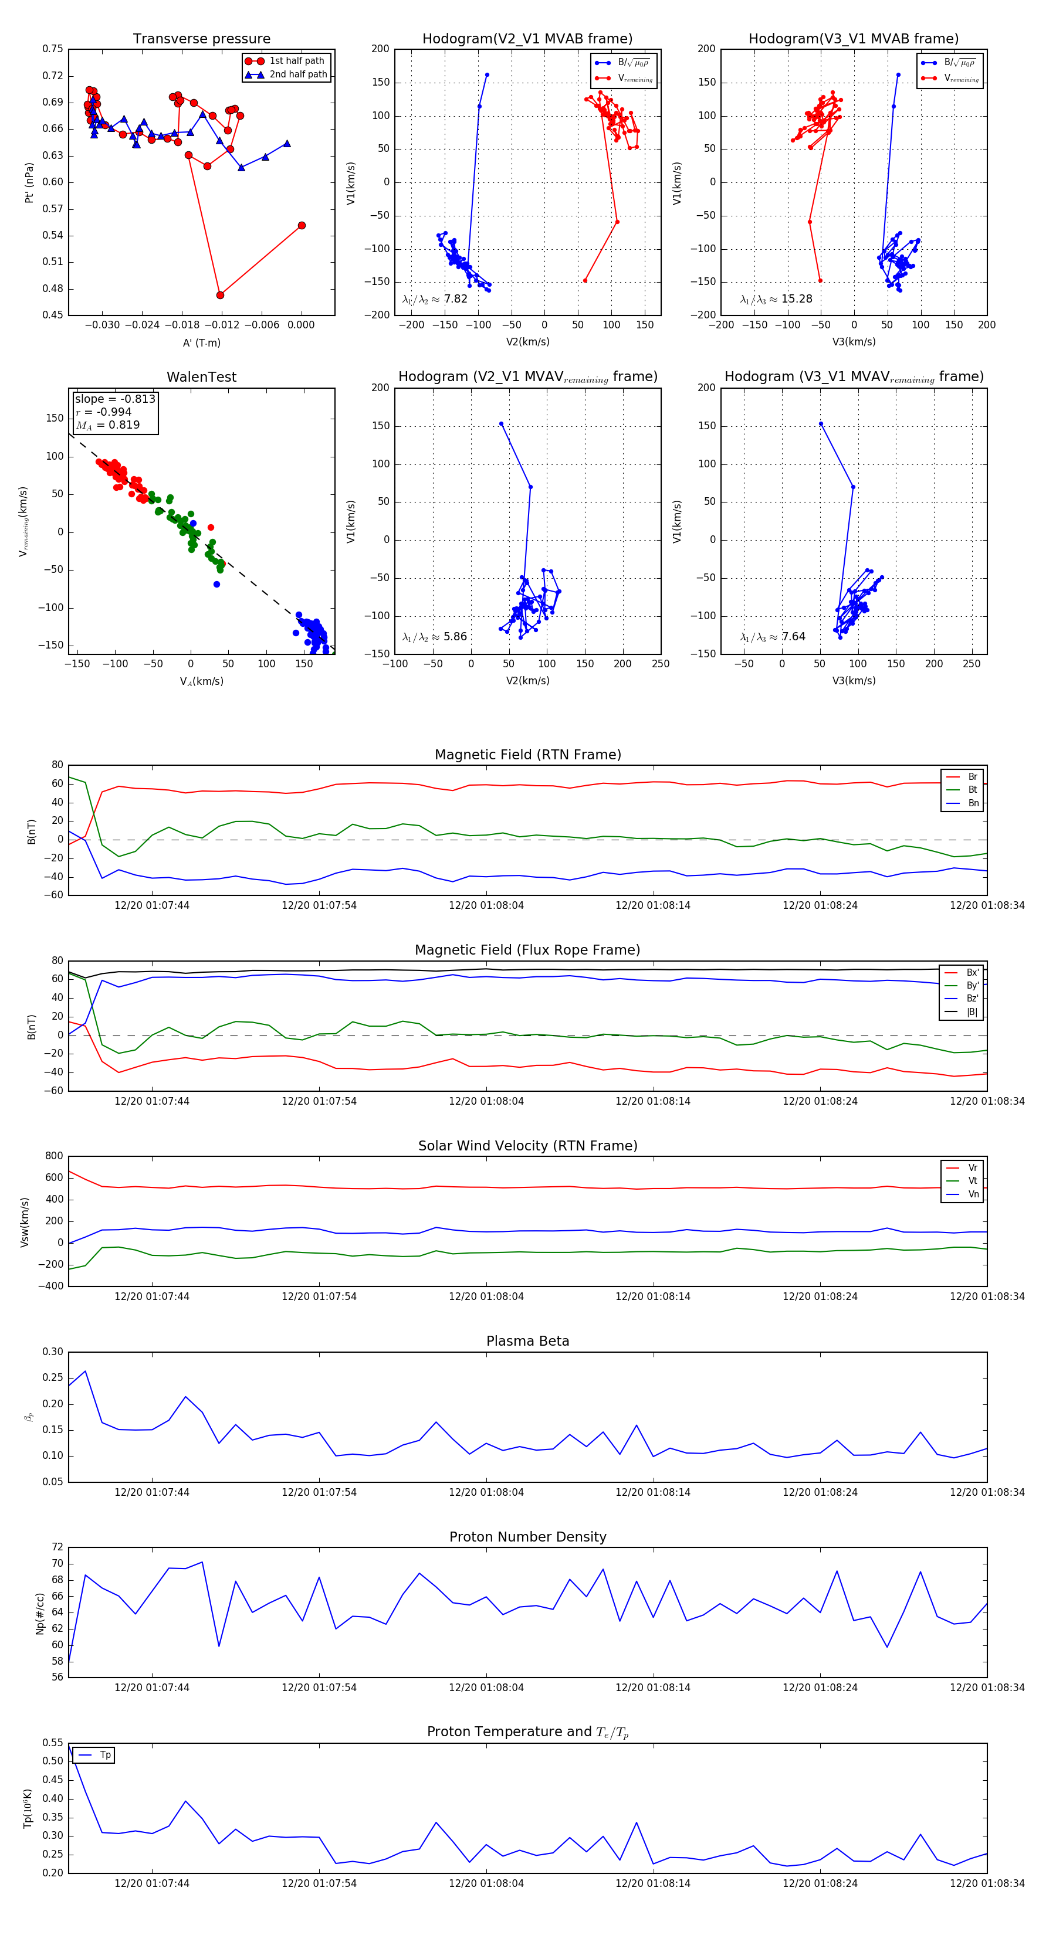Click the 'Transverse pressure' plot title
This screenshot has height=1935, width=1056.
[x=201, y=39]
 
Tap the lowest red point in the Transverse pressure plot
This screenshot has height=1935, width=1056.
[x=220, y=295]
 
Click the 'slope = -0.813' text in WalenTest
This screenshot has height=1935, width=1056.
[x=115, y=399]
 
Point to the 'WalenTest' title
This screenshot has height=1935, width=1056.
[x=201, y=377]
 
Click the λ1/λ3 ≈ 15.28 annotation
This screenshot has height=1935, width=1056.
[x=776, y=299]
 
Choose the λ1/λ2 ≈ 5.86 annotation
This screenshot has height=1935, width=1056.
[x=434, y=637]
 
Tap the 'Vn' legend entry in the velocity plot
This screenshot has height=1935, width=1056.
[x=973, y=1194]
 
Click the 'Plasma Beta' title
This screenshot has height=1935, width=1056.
[x=527, y=1342]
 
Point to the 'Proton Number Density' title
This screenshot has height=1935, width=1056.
[x=527, y=1537]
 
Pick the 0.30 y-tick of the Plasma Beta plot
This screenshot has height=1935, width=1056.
[x=53, y=1352]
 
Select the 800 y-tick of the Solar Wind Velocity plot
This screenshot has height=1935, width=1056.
[x=54, y=1157]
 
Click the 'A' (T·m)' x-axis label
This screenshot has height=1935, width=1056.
[x=201, y=342]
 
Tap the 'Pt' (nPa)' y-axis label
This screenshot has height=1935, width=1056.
[x=29, y=182]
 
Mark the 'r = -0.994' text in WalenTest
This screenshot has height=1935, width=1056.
[x=104, y=412]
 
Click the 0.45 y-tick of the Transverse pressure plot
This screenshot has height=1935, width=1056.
[x=53, y=315]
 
